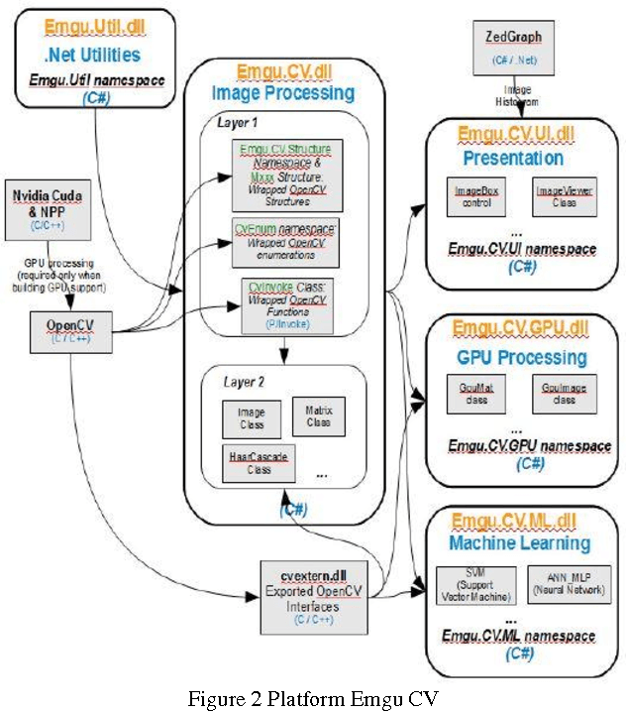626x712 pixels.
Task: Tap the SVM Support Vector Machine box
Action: (472, 584)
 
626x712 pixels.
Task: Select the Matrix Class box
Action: (318, 416)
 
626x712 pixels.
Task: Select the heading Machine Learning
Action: (520, 543)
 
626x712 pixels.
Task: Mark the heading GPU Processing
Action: (520, 356)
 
